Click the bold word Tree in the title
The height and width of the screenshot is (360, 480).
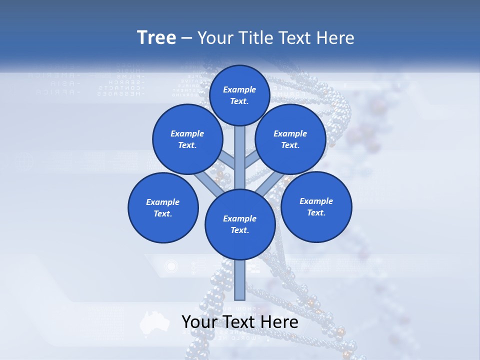pos(156,38)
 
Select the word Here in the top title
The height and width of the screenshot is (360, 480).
pos(335,38)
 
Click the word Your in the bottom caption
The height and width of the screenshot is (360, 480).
pos(199,321)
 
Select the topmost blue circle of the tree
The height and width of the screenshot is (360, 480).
pos(239,95)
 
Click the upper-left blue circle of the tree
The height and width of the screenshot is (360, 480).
pos(187,139)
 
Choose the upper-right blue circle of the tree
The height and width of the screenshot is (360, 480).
pos(290,139)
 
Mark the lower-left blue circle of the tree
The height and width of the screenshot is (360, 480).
pos(163,207)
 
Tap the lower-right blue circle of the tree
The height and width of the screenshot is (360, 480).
pos(316,206)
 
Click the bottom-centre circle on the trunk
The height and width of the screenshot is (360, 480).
pos(240,224)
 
